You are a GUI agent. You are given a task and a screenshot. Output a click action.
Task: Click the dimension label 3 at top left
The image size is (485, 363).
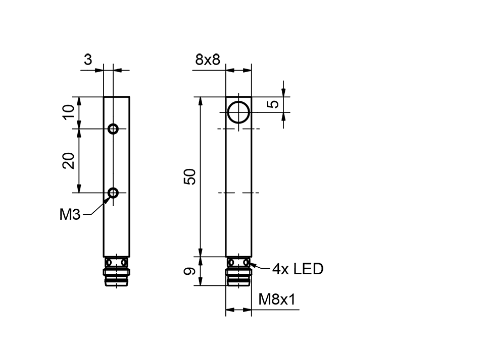click(88, 60)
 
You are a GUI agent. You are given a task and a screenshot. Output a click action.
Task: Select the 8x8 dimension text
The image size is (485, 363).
click(208, 60)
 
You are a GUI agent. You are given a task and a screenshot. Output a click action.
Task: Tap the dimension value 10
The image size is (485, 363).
click(69, 112)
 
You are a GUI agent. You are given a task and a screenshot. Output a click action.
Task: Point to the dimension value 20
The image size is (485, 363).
click(69, 160)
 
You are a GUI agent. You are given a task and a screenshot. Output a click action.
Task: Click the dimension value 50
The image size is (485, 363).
click(190, 176)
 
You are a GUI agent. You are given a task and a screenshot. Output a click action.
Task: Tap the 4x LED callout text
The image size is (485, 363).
click(297, 269)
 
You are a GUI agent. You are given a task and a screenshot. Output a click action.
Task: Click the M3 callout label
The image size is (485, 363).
click(70, 215)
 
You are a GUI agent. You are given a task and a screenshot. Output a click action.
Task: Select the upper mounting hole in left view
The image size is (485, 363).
click(114, 129)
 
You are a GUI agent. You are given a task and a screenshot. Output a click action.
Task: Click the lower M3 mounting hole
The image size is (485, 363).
click(114, 192)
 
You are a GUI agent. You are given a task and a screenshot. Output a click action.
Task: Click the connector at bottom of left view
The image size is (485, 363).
click(116, 272)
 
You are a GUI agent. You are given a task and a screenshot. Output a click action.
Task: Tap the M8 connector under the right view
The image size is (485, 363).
click(238, 272)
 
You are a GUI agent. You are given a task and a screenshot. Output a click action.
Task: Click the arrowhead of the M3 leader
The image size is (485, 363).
click(108, 199)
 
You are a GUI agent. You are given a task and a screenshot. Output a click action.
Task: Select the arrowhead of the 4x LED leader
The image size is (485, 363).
click(251, 265)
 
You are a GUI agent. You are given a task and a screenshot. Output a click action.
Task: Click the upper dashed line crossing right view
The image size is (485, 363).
click(238, 129)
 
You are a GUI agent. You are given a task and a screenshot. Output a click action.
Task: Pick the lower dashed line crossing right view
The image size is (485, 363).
click(238, 193)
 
